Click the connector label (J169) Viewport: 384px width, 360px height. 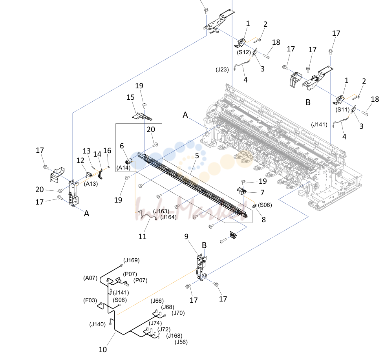pos(131,260)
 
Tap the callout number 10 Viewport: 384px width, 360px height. pos(102,349)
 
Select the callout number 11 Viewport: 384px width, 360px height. pos(142,236)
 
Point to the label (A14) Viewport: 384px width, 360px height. pos(123,168)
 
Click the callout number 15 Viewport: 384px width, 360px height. pos(130,97)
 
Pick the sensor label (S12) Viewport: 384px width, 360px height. pos(244,52)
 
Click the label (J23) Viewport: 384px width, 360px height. pos(222,69)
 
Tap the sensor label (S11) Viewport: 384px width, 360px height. pos(342,110)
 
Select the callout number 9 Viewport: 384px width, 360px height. pos(187,237)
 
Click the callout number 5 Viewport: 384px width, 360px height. pos(197,156)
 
